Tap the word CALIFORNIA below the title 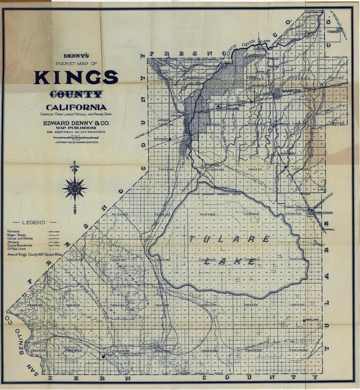pos(76,107)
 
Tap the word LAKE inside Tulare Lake pos(229,261)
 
